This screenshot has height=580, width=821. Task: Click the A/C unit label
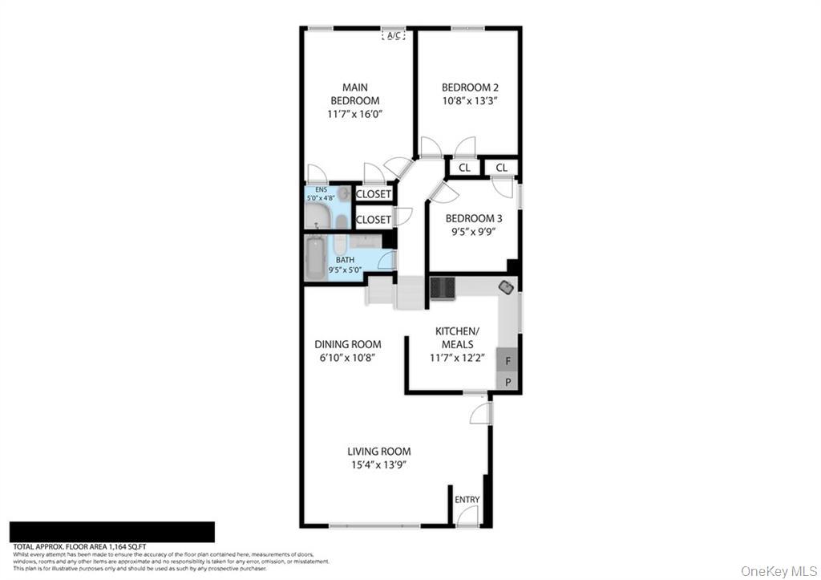394,35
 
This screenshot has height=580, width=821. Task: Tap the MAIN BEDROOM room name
355,94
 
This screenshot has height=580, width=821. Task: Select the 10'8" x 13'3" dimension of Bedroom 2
470,101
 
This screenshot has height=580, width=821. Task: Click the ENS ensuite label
321,189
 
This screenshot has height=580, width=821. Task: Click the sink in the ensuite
343,193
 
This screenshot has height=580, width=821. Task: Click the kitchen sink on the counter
507,286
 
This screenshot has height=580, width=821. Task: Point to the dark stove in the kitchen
442,287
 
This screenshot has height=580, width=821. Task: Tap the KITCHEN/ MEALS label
457,338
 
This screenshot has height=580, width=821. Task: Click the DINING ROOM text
347,344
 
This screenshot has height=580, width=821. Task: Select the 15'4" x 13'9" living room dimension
378,465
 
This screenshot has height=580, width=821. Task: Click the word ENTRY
467,500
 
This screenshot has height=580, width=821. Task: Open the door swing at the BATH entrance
386,260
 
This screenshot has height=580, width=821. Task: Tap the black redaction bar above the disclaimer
112,532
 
